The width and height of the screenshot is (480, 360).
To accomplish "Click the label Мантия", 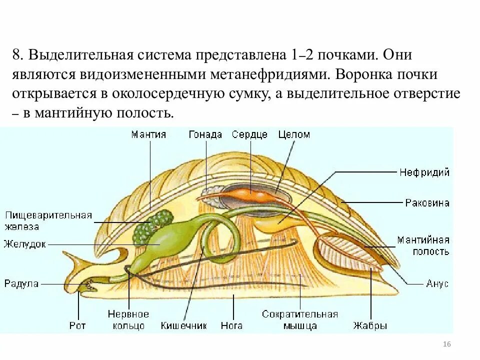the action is (x=148, y=134).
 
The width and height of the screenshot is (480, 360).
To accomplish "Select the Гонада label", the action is (x=205, y=134).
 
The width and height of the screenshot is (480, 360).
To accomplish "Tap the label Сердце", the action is (x=249, y=134).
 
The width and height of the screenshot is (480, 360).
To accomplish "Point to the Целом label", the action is (x=294, y=134).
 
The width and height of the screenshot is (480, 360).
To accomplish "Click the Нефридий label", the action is (x=424, y=172).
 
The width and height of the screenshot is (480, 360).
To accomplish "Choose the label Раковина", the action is (x=427, y=203).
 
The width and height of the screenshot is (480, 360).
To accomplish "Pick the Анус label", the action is (x=437, y=283).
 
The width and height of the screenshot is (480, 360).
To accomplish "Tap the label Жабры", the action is (x=370, y=325).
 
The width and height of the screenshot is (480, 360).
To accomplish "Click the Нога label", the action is (x=231, y=325).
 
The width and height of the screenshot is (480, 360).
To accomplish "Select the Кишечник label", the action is (x=183, y=325).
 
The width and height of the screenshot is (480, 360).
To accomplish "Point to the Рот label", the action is (x=77, y=325).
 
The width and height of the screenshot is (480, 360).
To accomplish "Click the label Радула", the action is (x=21, y=283).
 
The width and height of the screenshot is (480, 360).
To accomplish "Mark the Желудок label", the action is (x=24, y=244).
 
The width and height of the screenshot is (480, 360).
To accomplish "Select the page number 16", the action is (x=447, y=344).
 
